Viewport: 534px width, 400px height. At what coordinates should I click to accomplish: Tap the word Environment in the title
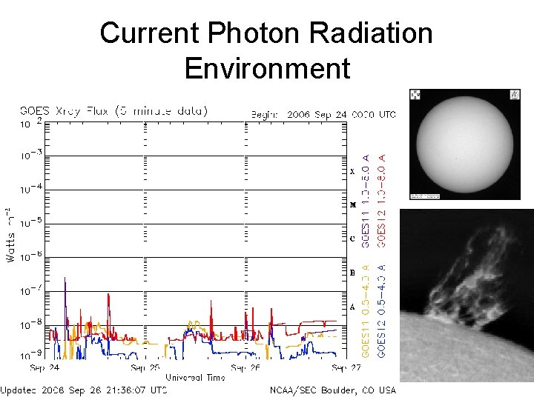pos(266,68)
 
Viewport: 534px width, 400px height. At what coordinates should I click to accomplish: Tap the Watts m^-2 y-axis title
pos(10,235)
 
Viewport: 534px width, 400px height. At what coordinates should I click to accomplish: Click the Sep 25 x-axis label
pos(144,367)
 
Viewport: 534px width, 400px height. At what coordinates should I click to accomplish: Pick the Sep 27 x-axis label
pos(346,367)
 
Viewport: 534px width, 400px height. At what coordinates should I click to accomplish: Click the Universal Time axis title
pos(195,377)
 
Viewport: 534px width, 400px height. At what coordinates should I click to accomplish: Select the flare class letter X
pos(353,171)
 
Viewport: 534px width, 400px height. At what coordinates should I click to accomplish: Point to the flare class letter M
pos(353,204)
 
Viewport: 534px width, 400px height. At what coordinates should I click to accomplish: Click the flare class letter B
pos(353,273)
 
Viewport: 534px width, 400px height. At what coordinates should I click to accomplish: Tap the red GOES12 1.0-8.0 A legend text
pos(382,199)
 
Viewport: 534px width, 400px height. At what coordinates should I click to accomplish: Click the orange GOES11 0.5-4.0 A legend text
pos(365,312)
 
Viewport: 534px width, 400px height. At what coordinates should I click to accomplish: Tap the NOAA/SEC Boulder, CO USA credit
pos(334,390)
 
